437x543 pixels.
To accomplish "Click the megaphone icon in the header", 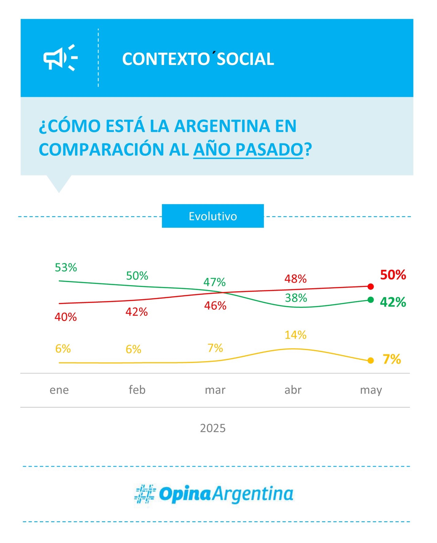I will coord(60,58).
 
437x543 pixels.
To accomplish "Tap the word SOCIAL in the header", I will coord(245,59).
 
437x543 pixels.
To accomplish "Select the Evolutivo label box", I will coord(213,216).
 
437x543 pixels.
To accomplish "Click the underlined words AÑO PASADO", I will coord(248,150).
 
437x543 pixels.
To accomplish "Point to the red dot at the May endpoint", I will coord(371,287).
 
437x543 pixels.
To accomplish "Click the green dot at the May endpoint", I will coord(371,300).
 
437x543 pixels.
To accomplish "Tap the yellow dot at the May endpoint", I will coord(371,361).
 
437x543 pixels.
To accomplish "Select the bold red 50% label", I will coord(393,275).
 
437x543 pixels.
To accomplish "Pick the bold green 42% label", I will coord(393,302).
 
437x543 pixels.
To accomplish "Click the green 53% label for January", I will coord(66,268).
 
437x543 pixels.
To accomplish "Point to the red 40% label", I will coord(66,317).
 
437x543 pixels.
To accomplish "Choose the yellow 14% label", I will coord(296,335).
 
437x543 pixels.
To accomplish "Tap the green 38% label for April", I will coord(296,298).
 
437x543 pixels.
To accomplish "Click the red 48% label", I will coord(296,279).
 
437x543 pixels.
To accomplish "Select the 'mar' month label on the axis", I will coord(215,390).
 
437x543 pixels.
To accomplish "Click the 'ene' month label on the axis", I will coord(59,390).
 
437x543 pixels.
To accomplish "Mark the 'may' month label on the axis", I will coord(371,390).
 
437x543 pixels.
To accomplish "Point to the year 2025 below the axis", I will coord(213,428).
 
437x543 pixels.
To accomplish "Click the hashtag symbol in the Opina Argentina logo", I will coord(145,494).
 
